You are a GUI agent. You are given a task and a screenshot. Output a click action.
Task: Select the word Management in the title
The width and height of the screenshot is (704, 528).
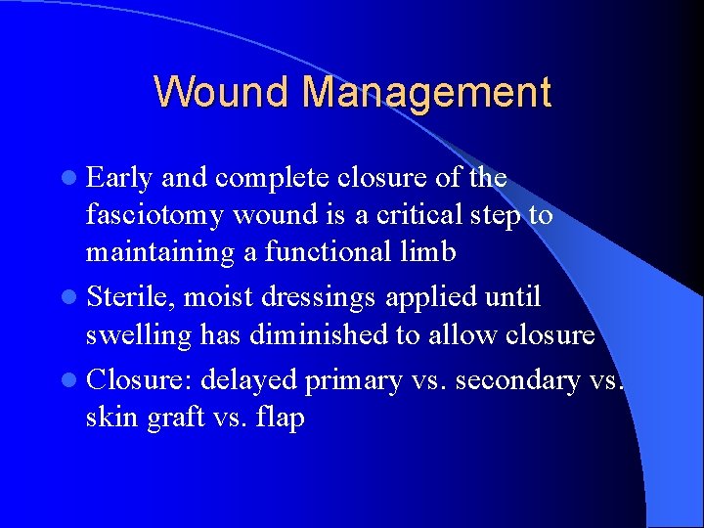coord(426,93)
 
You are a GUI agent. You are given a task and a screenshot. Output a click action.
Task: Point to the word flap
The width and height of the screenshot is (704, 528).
coord(281,418)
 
